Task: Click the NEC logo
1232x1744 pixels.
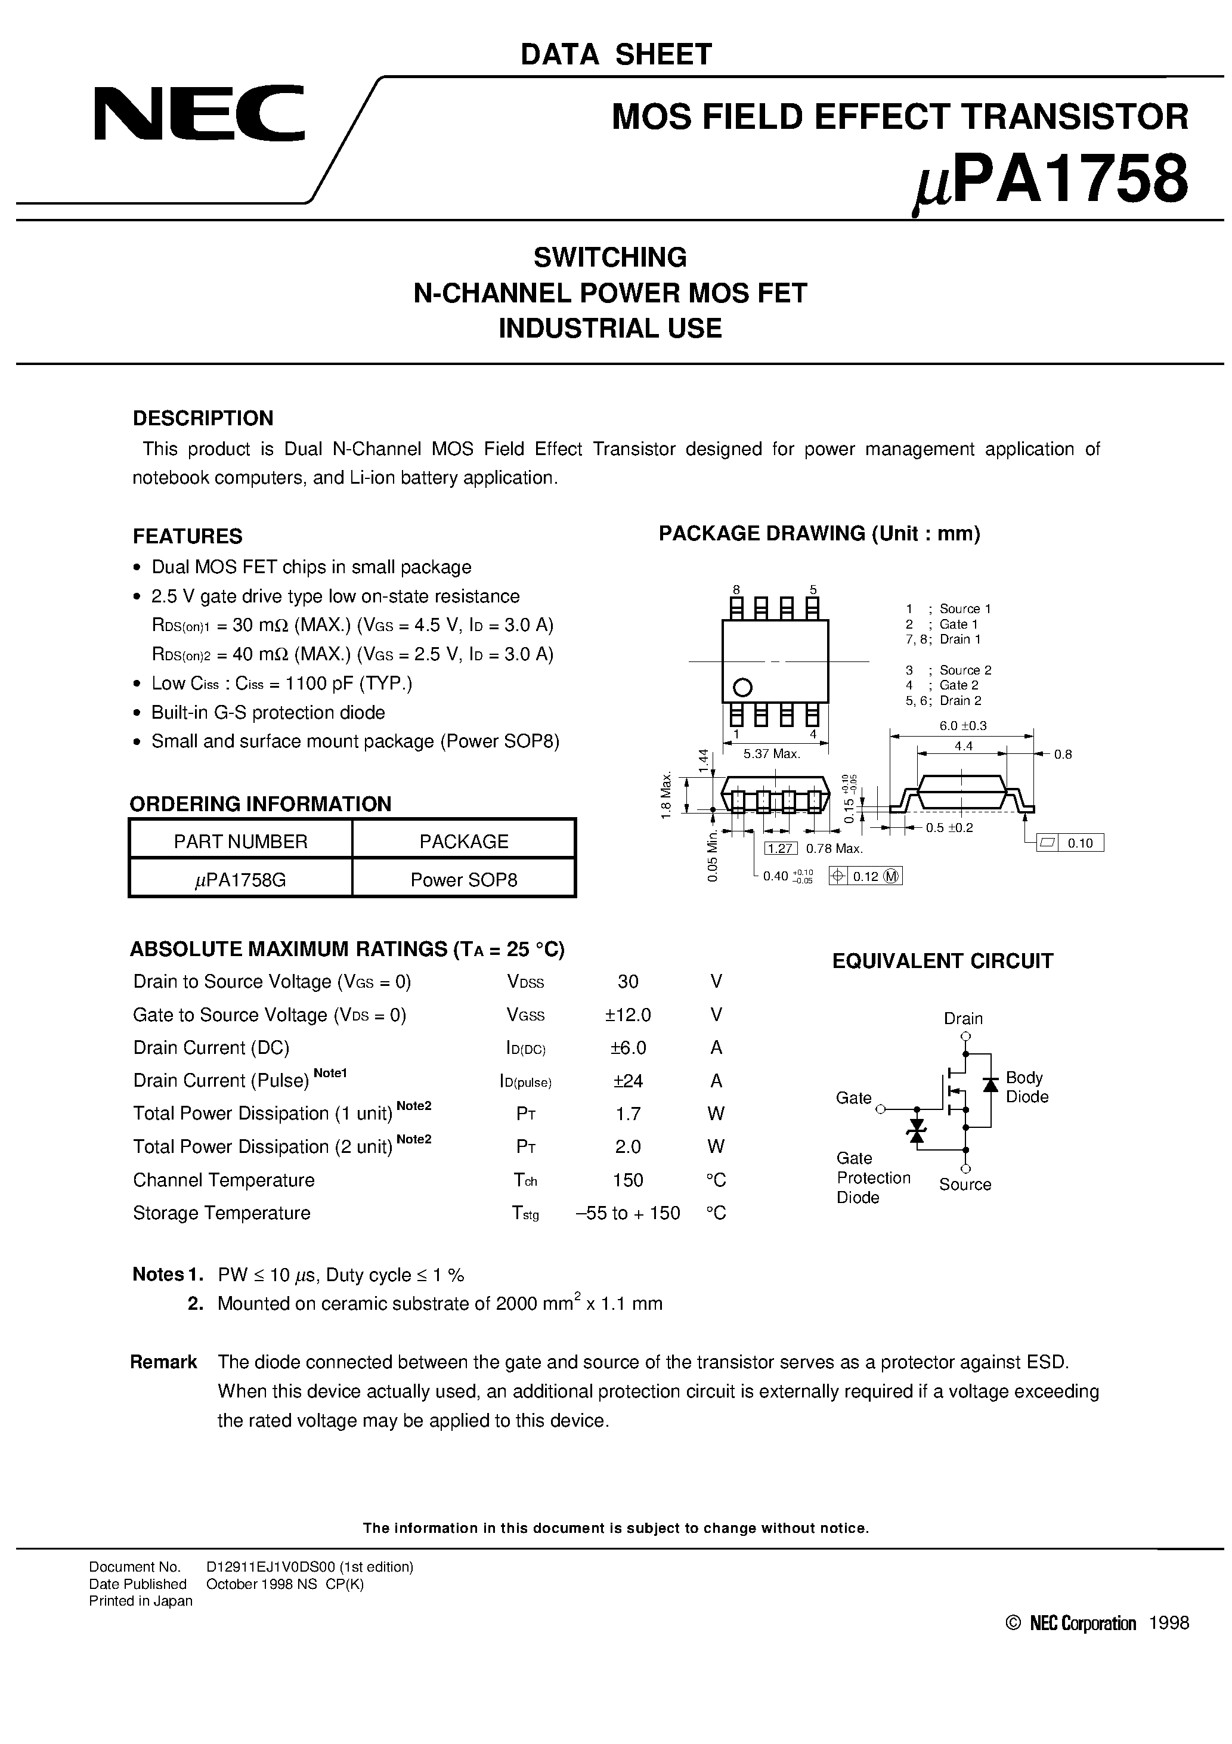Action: (x=199, y=113)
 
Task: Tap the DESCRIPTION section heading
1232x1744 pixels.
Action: (x=203, y=419)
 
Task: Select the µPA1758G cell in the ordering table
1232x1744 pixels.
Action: (x=240, y=880)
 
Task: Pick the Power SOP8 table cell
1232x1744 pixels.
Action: (x=463, y=880)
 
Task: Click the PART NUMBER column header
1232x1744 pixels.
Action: (x=240, y=841)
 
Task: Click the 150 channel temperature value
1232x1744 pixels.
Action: (x=627, y=1180)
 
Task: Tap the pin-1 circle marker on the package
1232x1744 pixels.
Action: (x=742, y=688)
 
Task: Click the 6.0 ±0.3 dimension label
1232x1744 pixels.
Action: (x=962, y=725)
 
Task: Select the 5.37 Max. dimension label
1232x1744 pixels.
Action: (x=772, y=753)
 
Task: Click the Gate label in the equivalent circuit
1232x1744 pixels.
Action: (x=853, y=1097)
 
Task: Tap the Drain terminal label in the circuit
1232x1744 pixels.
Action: (x=963, y=1019)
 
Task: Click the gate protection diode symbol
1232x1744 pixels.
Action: (x=917, y=1131)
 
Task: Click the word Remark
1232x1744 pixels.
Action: (x=163, y=1362)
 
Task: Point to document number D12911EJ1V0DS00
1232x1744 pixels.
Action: (x=309, y=1566)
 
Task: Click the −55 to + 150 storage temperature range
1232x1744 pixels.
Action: (x=627, y=1213)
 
